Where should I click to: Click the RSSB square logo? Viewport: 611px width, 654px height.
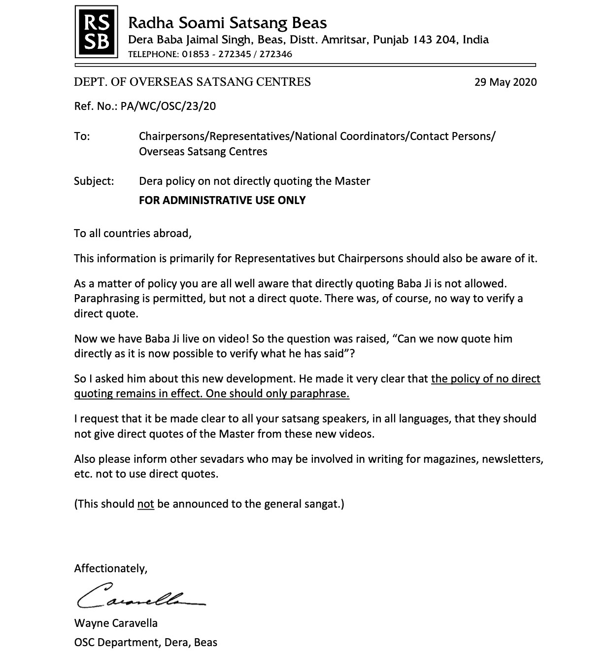96,32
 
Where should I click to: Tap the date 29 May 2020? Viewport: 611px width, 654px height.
506,82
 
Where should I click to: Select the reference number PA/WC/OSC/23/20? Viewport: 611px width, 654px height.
168,106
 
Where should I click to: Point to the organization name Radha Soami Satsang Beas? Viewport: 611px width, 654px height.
227,23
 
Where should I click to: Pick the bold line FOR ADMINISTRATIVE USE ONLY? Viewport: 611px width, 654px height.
222,200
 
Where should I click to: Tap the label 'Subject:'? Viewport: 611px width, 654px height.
94,181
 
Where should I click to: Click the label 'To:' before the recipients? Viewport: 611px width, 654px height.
82,136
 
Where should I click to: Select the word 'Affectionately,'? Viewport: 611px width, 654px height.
111,568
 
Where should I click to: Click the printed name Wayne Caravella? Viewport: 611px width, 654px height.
116,623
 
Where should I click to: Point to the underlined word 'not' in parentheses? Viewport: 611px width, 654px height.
145,504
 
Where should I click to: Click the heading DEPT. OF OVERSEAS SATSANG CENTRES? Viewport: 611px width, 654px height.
192,82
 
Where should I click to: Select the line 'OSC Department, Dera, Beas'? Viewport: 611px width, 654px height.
145,643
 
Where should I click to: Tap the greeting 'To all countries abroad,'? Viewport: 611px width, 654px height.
133,233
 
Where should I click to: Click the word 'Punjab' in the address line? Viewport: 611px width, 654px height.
391,39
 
